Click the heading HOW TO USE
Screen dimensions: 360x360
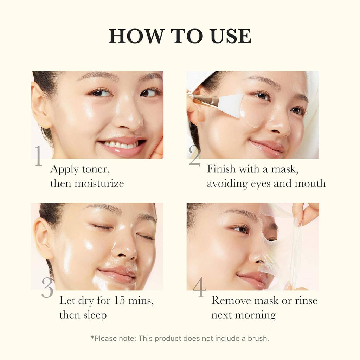(x=180, y=36)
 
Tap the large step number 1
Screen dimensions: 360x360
(x=38, y=156)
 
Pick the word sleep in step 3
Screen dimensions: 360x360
(x=95, y=315)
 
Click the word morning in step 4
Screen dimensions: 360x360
(x=256, y=315)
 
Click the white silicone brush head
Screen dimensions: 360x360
(x=230, y=105)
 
